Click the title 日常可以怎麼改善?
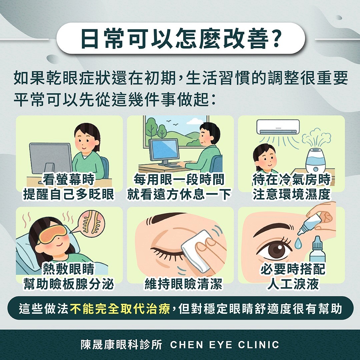[180, 39]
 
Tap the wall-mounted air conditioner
[278, 127]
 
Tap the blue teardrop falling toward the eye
[298, 243]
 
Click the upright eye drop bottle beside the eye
[317, 250]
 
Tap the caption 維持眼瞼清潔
[183, 284]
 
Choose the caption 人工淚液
[293, 284]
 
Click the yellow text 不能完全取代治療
[120, 308]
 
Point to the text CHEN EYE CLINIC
[225, 345]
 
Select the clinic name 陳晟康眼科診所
[121, 345]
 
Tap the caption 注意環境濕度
[292, 194]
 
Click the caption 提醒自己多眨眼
[68, 194]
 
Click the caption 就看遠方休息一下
[179, 194]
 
